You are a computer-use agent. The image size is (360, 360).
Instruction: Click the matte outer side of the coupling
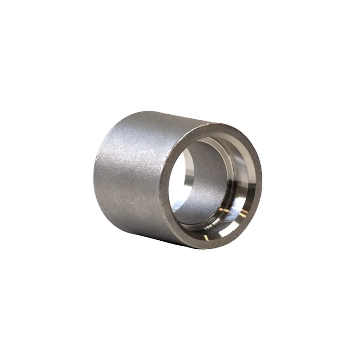pyautogui.click(x=135, y=180)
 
